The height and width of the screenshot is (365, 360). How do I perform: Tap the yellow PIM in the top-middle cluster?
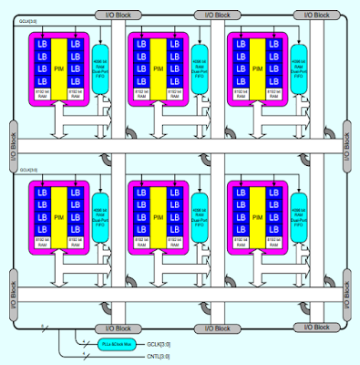click(158, 67)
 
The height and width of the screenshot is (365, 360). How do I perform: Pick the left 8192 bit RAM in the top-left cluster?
click(41, 93)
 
